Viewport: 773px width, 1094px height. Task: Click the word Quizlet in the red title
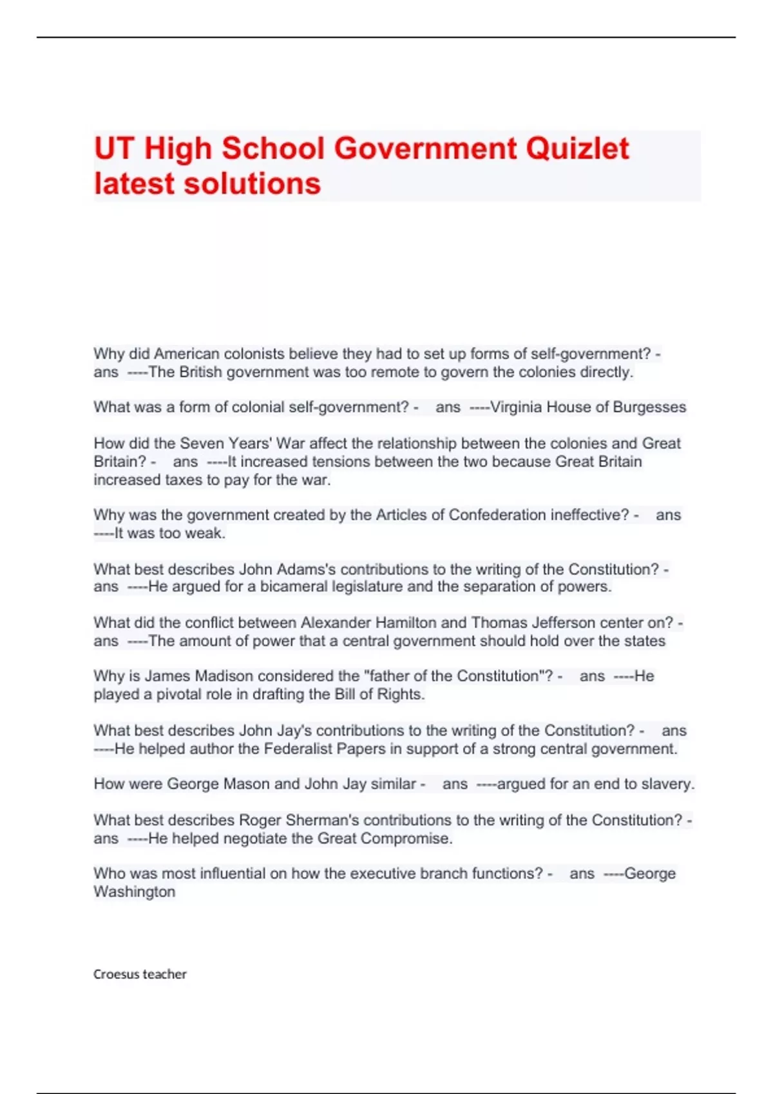[577, 149]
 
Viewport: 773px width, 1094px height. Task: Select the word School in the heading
[274, 149]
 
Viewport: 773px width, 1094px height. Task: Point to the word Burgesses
[649, 407]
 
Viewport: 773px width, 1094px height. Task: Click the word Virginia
[516, 407]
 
